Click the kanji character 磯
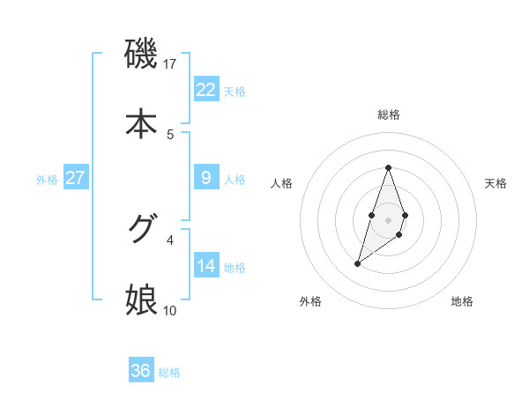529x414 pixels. [141, 55]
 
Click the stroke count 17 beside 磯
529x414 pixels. [170, 64]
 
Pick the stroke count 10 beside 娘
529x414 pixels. [170, 310]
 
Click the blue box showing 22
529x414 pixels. [206, 89]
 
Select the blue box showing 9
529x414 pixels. [206, 178]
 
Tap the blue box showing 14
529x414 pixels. [206, 265]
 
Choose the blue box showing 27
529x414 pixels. [76, 178]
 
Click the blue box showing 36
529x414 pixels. [141, 371]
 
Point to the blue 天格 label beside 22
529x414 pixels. [235, 91]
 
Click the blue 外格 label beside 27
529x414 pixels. [47, 179]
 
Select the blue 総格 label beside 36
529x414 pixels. [169, 373]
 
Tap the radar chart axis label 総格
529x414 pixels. [389, 115]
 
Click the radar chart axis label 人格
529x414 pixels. [282, 183]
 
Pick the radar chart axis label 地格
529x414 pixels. [462, 302]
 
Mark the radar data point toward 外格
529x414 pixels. [357, 262]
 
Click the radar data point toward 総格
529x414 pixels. [388, 167]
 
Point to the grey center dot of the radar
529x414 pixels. [388, 218]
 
